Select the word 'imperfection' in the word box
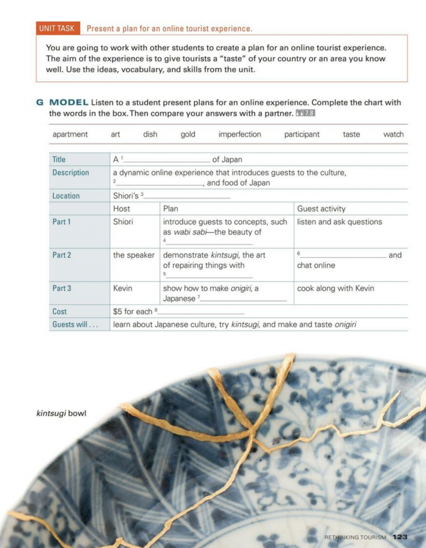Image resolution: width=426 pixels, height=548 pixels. (x=239, y=134)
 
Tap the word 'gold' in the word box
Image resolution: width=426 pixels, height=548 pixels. (x=188, y=134)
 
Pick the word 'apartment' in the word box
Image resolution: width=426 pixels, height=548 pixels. (x=70, y=134)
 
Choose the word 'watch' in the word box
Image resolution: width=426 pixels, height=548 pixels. (x=393, y=134)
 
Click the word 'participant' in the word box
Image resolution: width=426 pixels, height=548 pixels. (x=302, y=134)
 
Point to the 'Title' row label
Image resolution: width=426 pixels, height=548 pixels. (x=59, y=159)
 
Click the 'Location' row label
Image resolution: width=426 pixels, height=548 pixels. (x=66, y=196)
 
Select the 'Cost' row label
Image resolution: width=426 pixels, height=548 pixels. (x=60, y=311)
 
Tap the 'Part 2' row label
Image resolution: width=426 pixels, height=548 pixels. (x=62, y=255)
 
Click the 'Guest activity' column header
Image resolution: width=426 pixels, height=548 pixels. (x=321, y=209)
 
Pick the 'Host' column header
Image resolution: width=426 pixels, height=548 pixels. (x=121, y=209)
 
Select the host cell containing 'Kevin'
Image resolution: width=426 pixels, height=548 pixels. (x=123, y=288)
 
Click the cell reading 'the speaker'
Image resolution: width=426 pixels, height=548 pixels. (x=133, y=255)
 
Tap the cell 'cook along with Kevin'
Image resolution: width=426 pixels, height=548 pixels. (x=336, y=288)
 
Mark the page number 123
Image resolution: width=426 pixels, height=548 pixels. (x=400, y=537)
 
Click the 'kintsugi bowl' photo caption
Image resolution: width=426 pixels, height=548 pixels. (x=61, y=414)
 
